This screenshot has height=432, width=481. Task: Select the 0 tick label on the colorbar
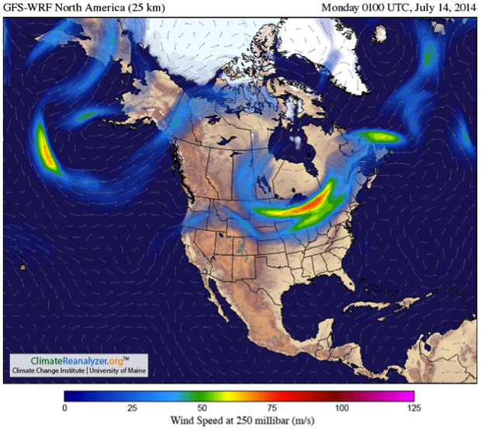pos(66,408)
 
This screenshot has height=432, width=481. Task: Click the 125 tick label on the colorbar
pos(413,408)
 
